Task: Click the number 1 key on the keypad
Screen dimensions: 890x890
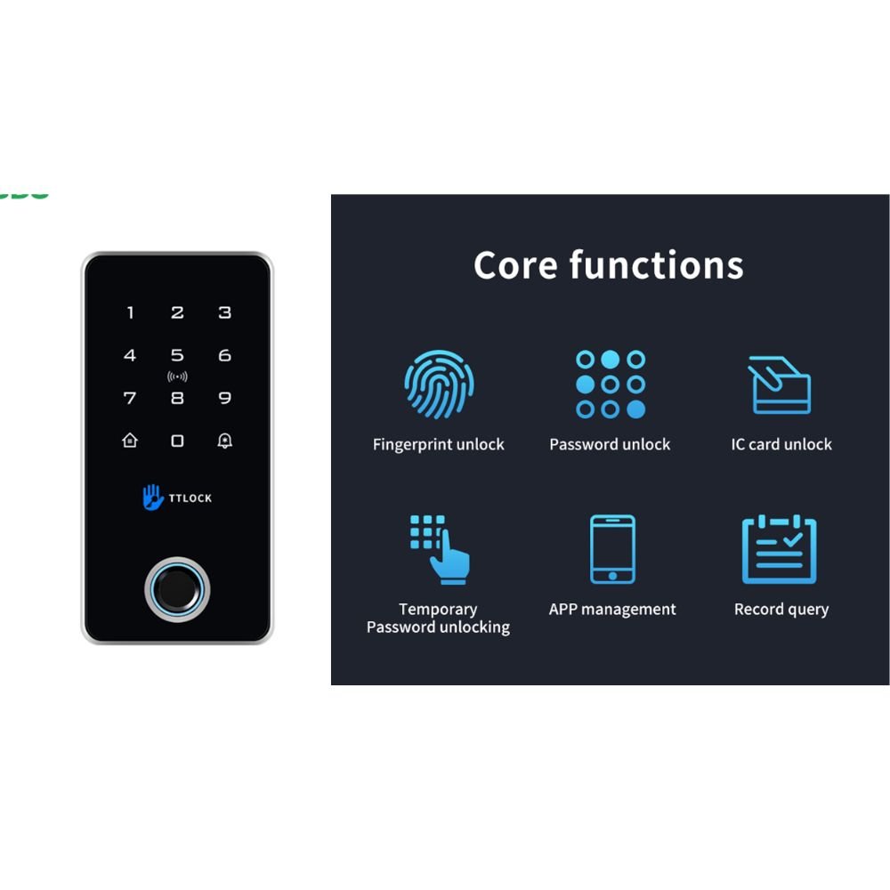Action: click(131, 312)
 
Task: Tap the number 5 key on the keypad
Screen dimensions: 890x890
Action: click(177, 355)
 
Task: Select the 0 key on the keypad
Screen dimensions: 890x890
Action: click(177, 441)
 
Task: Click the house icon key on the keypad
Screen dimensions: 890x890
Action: click(130, 441)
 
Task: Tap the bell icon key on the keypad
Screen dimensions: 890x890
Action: click(224, 441)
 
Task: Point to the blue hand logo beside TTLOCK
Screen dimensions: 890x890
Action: click(153, 497)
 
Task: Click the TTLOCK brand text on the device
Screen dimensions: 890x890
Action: click(190, 498)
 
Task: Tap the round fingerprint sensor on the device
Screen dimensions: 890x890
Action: click(177, 589)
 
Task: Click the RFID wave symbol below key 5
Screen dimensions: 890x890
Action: click(177, 376)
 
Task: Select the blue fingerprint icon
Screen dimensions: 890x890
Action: click(438, 384)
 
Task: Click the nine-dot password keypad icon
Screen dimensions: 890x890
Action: click(610, 384)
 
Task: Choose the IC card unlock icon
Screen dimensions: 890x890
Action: click(780, 384)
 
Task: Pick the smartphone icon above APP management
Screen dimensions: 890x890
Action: click(612, 549)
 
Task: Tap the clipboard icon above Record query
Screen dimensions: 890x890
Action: click(780, 549)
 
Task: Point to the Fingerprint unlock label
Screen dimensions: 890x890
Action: click(438, 444)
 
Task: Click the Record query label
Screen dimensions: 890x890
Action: click(781, 610)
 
